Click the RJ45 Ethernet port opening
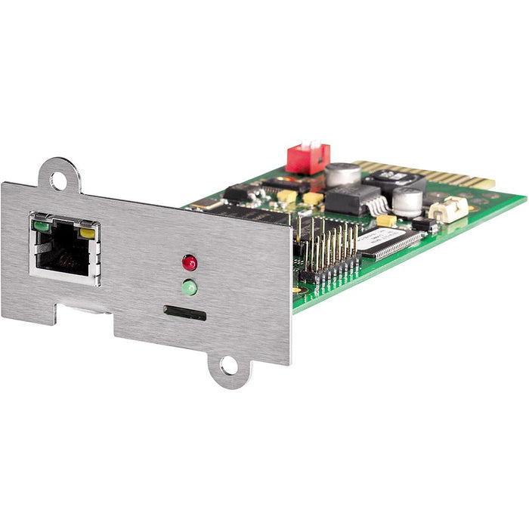click(x=63, y=249)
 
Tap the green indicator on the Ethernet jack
click(x=41, y=224)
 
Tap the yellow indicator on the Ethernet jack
click(x=88, y=233)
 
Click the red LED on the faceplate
click(x=189, y=263)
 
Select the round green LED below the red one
click(x=189, y=287)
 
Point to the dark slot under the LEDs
click(x=184, y=312)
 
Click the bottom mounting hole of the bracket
click(x=228, y=368)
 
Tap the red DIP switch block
click(x=308, y=158)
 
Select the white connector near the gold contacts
click(x=448, y=209)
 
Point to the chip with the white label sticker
click(x=385, y=240)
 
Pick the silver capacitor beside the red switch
click(x=342, y=175)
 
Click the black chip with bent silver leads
click(x=351, y=200)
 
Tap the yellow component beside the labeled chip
click(x=386, y=221)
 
